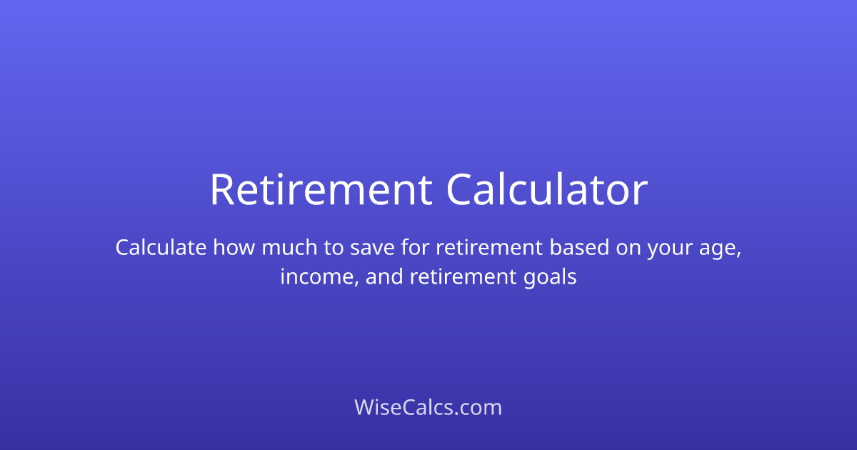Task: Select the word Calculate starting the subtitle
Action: click(161, 248)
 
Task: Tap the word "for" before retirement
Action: click(418, 248)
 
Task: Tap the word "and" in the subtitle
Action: click(385, 277)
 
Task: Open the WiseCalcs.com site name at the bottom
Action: click(428, 408)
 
